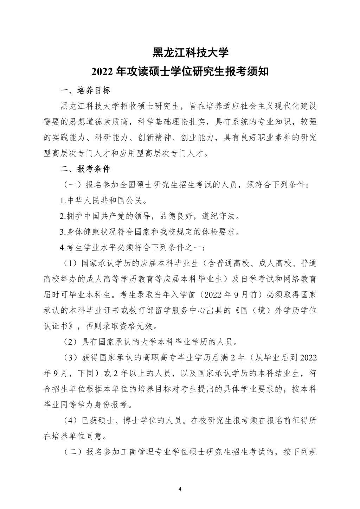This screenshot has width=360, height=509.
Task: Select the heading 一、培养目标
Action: (x=85, y=90)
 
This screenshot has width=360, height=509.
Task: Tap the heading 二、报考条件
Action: (x=85, y=169)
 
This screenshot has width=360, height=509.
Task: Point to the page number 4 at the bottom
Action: (x=180, y=489)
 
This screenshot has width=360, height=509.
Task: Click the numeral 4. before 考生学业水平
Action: (x=62, y=248)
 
